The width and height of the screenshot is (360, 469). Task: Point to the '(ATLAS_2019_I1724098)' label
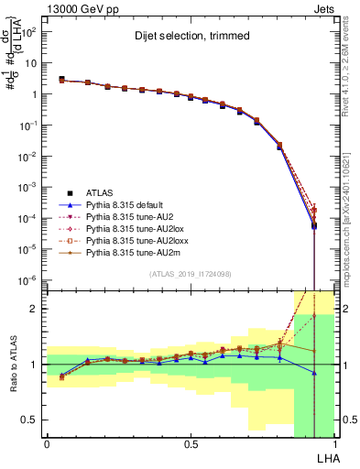[x=189, y=274]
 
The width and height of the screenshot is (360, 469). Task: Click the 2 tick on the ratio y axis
[x=37, y=309]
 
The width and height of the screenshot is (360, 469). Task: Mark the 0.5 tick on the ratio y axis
[x=33, y=420]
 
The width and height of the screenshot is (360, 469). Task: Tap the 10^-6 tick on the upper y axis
[x=30, y=279]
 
